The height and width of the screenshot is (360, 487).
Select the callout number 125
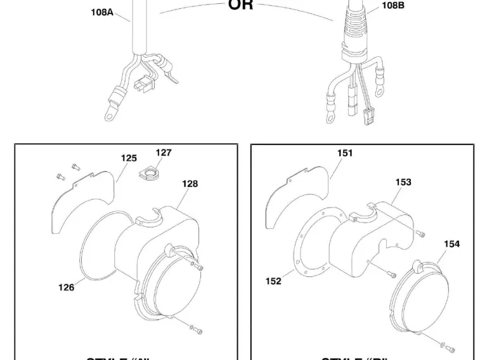coord(129,158)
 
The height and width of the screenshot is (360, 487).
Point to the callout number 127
coord(164,153)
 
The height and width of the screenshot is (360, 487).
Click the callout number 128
coord(190,184)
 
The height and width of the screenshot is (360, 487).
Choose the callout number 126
coord(67,287)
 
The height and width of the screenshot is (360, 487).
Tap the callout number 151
coord(345,153)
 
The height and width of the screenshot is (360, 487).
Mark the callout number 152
coord(273,281)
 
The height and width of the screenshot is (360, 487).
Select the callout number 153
coord(403,182)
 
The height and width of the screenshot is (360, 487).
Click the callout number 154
coord(452,243)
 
